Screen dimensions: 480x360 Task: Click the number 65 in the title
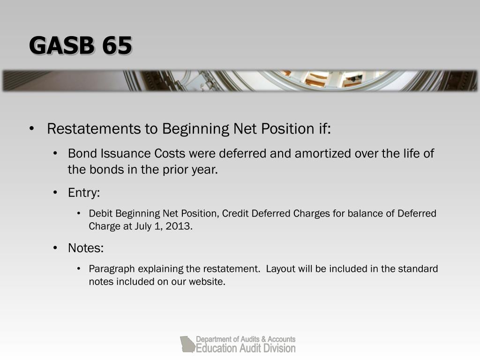click(117, 45)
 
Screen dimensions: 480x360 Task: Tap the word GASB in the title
click(61, 45)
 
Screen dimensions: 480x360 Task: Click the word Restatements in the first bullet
click(94, 128)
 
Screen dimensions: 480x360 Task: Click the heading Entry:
click(84, 193)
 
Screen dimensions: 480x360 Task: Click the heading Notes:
click(86, 248)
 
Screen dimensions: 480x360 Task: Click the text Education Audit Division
click(246, 348)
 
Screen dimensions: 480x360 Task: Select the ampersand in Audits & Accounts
click(263, 339)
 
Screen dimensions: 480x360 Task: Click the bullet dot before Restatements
click(31, 128)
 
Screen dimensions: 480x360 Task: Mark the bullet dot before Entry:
click(55, 193)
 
